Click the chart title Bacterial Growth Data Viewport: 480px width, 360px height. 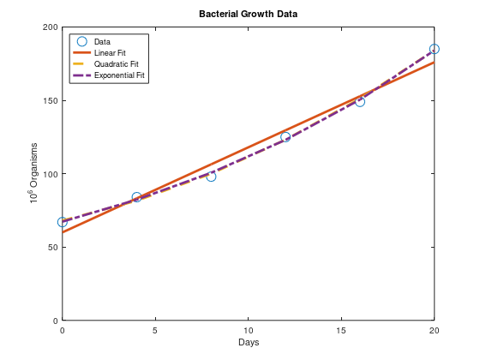(248, 15)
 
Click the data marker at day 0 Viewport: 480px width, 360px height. (63, 222)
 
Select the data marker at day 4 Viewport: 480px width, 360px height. (137, 197)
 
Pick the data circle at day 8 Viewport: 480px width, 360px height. (211, 176)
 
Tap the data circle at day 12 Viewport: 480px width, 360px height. (285, 136)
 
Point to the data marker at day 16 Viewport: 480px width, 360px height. (360, 101)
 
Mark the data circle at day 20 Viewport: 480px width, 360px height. (435, 49)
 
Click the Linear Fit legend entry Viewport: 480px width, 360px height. (110, 53)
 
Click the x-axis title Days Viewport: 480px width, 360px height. (249, 342)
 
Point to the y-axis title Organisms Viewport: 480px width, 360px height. (33, 174)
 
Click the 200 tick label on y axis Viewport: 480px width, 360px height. (50, 27)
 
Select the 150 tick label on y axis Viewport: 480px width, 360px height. (50, 100)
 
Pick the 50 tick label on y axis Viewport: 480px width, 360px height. (52, 247)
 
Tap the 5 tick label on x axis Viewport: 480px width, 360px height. (155, 329)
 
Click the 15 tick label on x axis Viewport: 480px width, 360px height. (341, 329)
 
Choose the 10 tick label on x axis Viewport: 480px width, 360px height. (249, 329)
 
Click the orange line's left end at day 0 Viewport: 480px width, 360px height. (63, 232)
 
